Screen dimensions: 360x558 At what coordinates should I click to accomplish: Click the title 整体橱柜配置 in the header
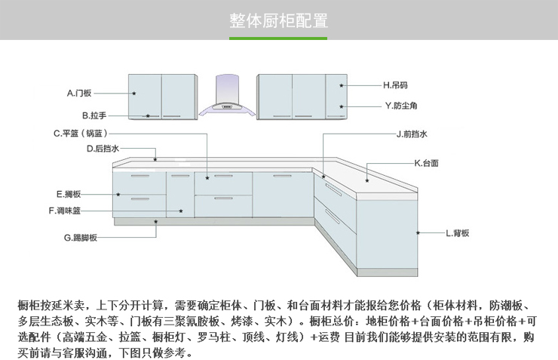click(x=278, y=20)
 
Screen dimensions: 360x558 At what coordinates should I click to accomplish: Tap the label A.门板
click(x=78, y=94)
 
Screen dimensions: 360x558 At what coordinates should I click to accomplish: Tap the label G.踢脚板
click(x=80, y=238)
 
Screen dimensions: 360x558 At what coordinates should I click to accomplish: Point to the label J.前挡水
click(x=412, y=134)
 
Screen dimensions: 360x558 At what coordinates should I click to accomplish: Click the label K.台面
click(x=426, y=163)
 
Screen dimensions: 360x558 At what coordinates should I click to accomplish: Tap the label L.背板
click(x=457, y=233)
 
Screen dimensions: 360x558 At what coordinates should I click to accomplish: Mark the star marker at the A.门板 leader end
click(x=133, y=94)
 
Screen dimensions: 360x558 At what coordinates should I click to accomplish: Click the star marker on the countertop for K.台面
click(x=367, y=180)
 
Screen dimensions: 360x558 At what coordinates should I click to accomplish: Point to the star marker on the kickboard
click(x=156, y=222)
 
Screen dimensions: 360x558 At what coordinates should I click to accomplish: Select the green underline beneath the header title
click(x=278, y=38)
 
